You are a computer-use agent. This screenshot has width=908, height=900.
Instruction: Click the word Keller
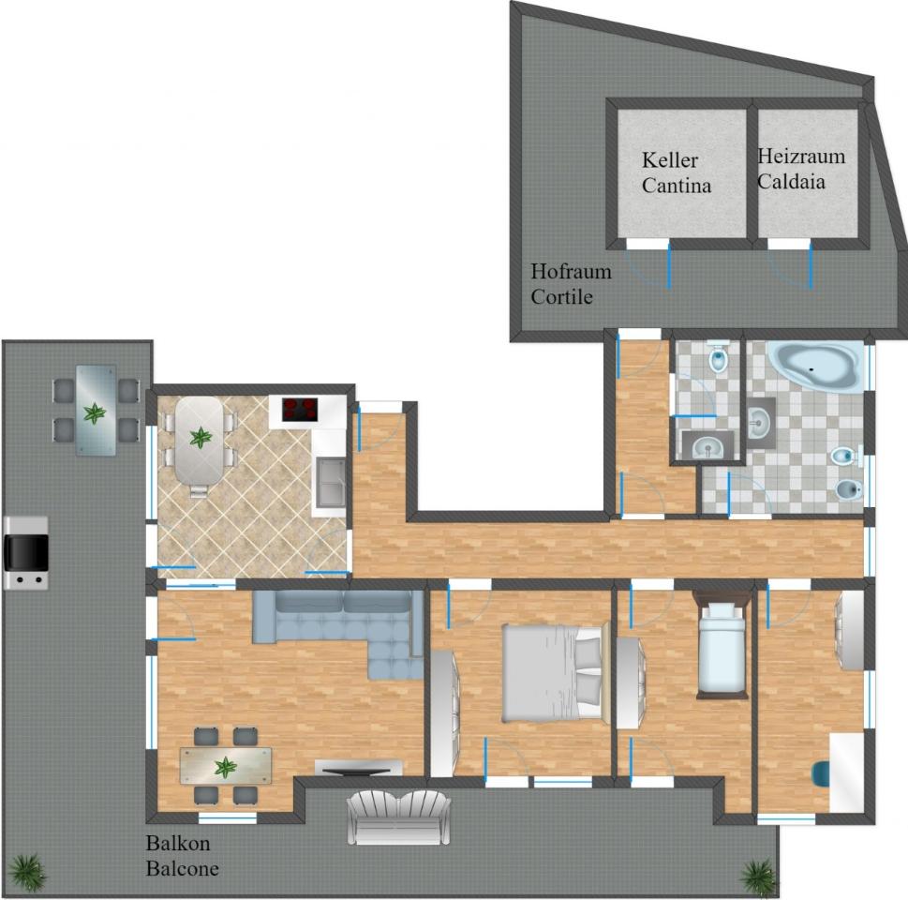tap(669, 160)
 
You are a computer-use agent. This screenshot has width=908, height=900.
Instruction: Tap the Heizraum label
tap(801, 156)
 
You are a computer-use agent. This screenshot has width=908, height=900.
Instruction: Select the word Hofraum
tap(571, 271)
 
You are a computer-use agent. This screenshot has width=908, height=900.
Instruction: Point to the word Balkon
tap(178, 843)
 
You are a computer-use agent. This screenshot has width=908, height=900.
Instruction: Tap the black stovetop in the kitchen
tap(300, 409)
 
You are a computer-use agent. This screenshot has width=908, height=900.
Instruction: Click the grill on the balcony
tap(26, 553)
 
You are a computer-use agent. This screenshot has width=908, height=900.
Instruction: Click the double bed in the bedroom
tap(556, 672)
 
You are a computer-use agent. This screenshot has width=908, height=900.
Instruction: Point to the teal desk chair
tap(820, 774)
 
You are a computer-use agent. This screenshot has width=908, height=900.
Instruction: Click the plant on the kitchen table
tap(201, 437)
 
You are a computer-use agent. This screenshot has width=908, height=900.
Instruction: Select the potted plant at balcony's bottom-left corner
tap(27, 872)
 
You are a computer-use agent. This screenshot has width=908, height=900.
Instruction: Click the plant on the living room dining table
tap(225, 767)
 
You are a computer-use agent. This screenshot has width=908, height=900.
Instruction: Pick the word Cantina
tap(677, 186)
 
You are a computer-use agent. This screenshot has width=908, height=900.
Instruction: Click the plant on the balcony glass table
tap(95, 413)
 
